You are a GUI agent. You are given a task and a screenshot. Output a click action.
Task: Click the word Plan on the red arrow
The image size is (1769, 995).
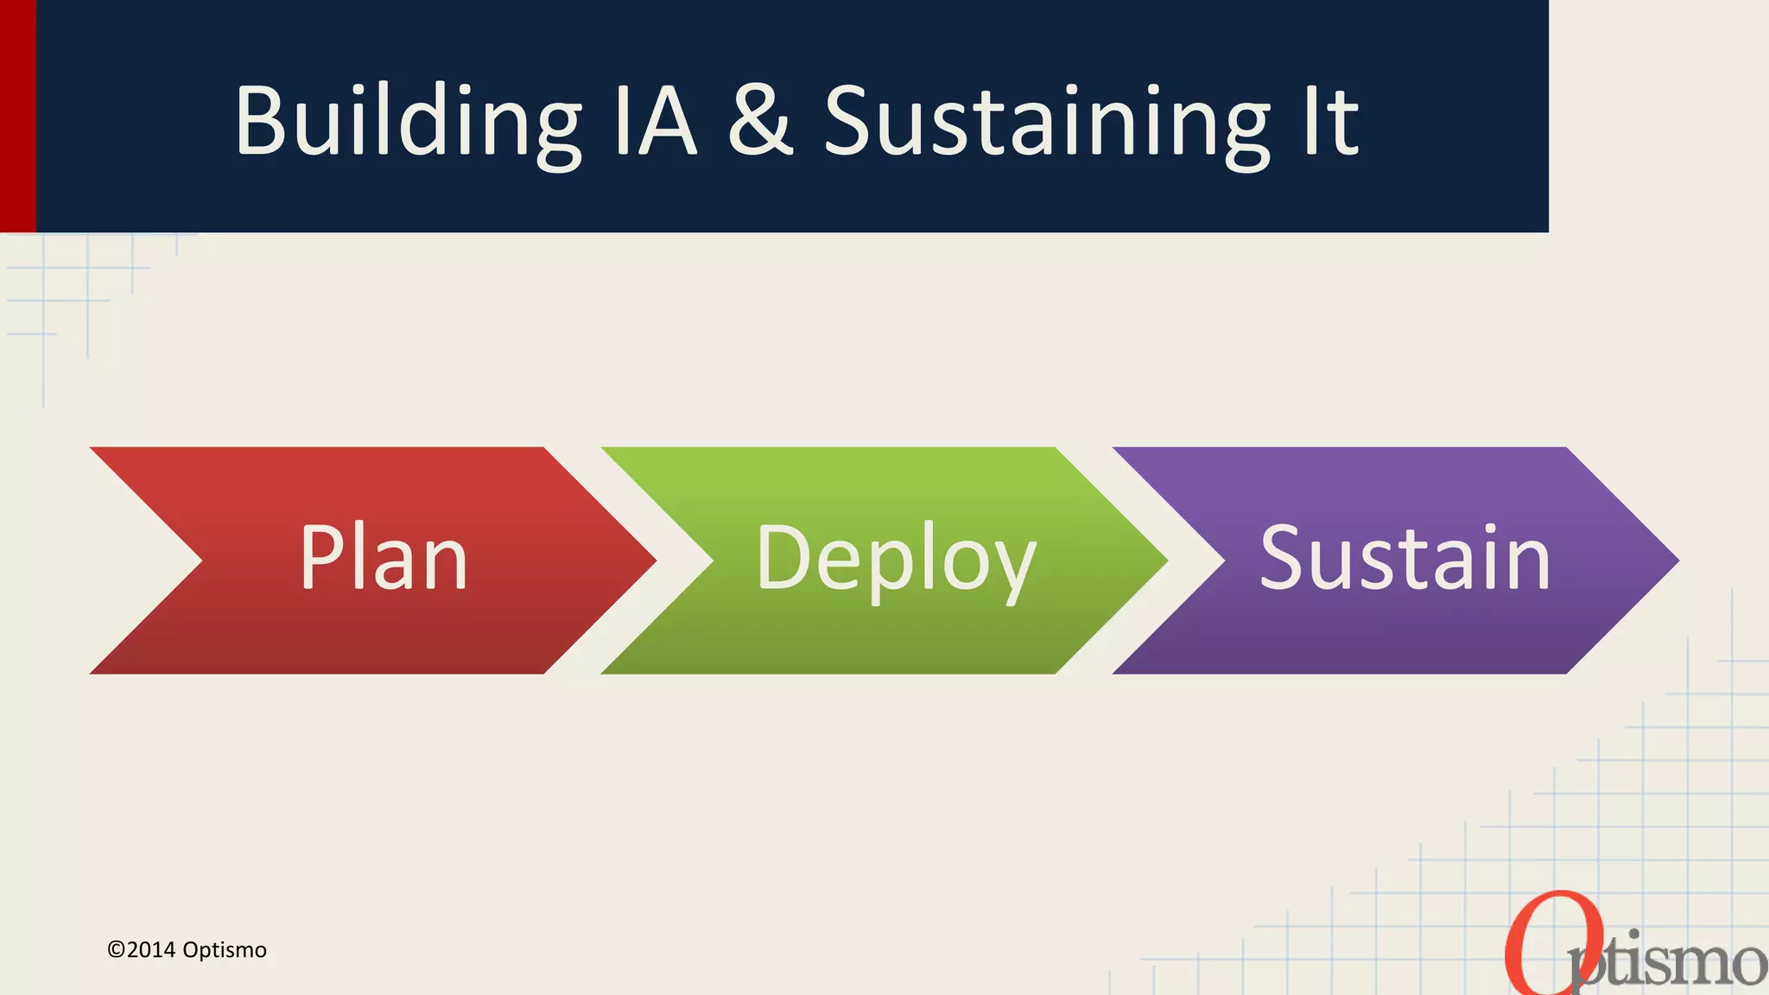pyautogui.click(x=384, y=559)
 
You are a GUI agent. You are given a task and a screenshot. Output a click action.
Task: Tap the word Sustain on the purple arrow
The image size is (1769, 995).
pyautogui.click(x=1405, y=559)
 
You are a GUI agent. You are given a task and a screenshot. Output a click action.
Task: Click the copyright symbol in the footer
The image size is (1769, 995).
pyautogui.click(x=116, y=950)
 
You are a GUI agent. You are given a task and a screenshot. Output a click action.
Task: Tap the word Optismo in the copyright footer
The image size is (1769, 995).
pyautogui.click(x=225, y=950)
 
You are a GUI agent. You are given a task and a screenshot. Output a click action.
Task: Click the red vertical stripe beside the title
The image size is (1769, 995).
pyautogui.click(x=17, y=116)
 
